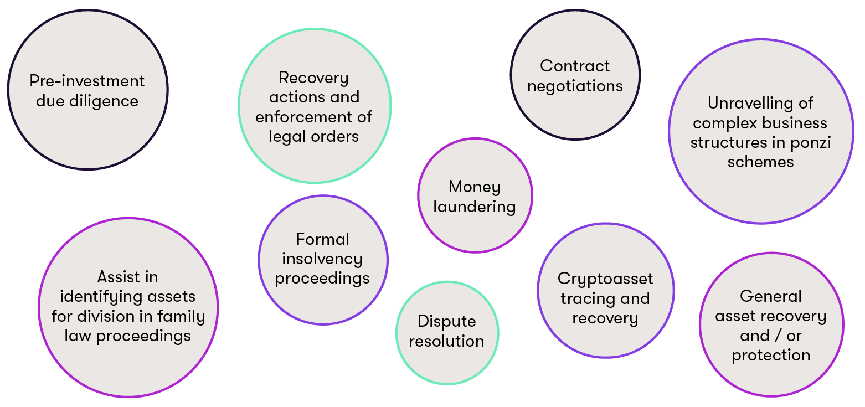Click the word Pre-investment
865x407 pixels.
[x=87, y=81]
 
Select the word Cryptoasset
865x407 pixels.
[x=605, y=279]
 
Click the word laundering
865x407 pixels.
[x=475, y=207]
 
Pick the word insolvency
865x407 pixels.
[x=322, y=259]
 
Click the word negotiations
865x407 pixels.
[x=575, y=86]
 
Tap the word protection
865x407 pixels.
[x=771, y=355]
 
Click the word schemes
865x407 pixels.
[x=760, y=162]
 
